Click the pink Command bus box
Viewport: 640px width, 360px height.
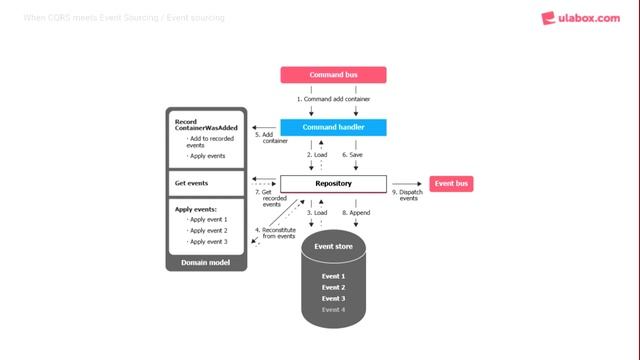click(333, 74)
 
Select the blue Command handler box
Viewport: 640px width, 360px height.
click(333, 127)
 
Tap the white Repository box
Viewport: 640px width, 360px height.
click(333, 184)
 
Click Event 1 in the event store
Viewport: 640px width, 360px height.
click(333, 276)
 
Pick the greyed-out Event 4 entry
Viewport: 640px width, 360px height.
click(333, 309)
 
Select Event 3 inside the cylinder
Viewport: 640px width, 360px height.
click(333, 298)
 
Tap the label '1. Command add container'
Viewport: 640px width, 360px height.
click(333, 100)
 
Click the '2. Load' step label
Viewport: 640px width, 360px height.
click(316, 155)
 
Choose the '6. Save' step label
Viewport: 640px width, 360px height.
click(352, 155)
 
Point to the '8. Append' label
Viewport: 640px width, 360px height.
click(357, 213)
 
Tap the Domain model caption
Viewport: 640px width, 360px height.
click(205, 262)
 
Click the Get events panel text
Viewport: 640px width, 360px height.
click(191, 184)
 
